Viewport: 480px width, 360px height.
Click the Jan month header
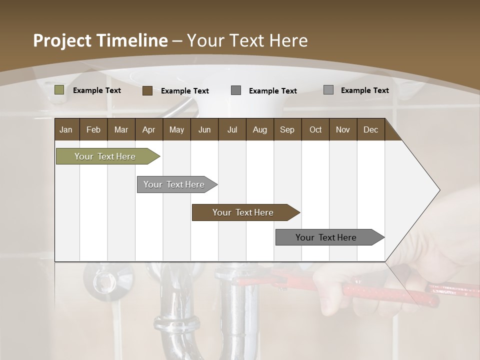[66, 129]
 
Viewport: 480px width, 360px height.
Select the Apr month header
[149, 129]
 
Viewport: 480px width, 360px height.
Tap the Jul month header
[232, 129]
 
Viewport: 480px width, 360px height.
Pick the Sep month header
[287, 129]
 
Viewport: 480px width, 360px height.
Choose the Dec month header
[370, 129]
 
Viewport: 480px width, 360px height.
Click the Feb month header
[93, 129]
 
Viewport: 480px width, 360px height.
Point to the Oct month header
[315, 129]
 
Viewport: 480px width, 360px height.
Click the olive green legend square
[59, 90]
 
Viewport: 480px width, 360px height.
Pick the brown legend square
[147, 90]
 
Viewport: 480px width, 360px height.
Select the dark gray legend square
[236, 90]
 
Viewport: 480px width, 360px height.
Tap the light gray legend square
[328, 90]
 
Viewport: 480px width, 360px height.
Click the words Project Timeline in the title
[100, 40]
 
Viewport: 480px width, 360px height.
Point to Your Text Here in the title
[247, 40]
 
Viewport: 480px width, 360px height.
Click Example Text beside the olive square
[97, 90]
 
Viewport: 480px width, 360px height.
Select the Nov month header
[343, 129]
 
